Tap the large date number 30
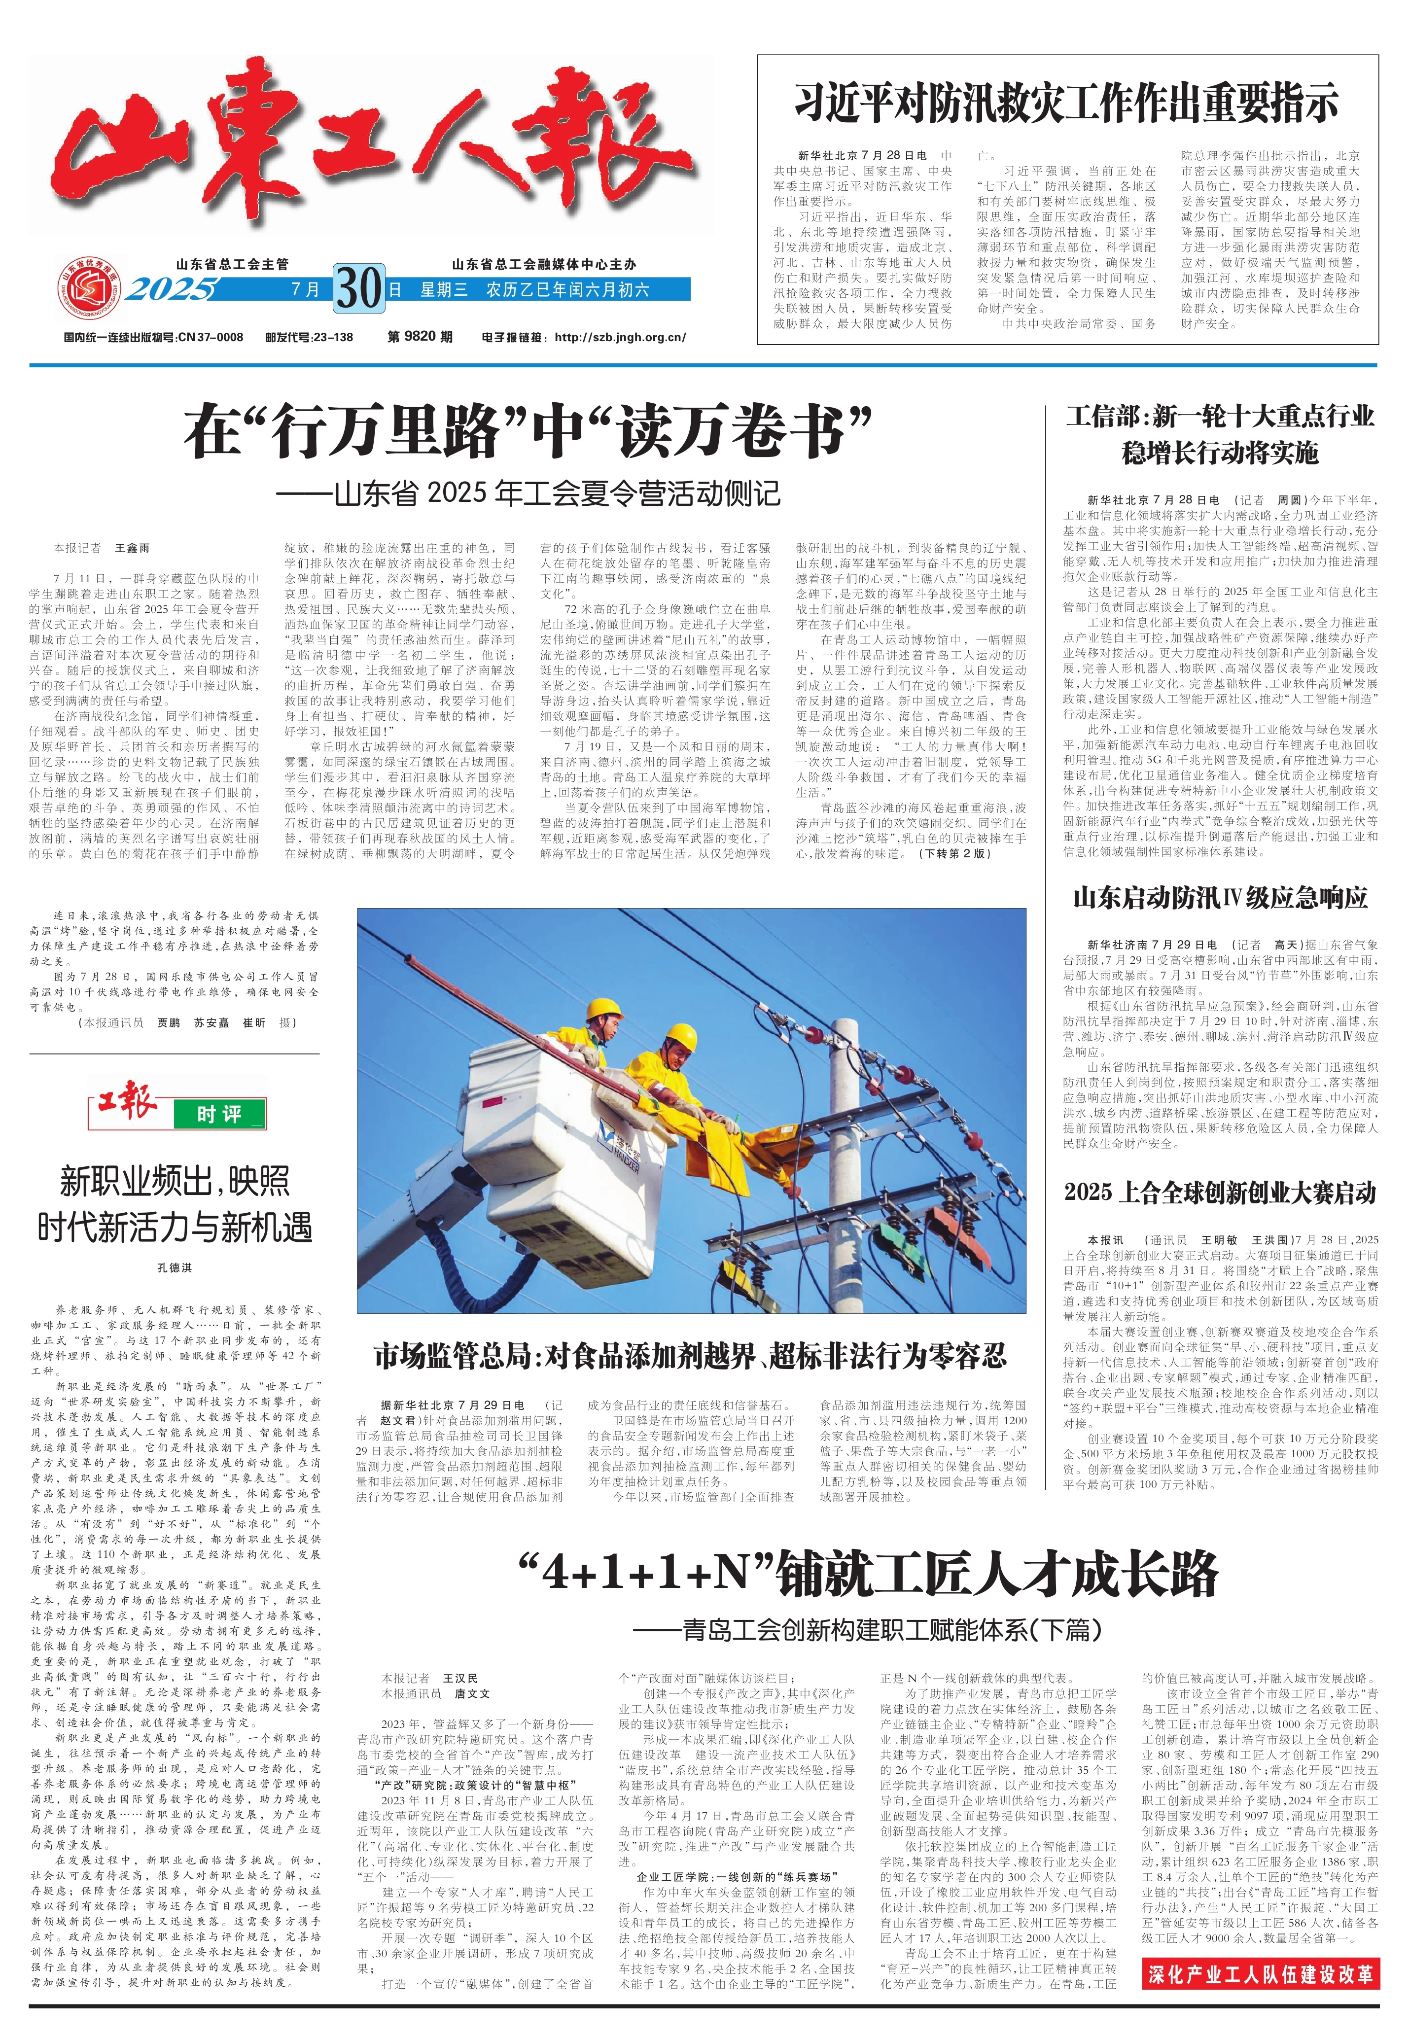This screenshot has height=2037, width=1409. coord(359,288)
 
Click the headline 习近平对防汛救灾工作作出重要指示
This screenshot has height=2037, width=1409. coord(1066,103)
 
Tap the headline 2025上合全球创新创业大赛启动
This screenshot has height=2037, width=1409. coord(1220,1193)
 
